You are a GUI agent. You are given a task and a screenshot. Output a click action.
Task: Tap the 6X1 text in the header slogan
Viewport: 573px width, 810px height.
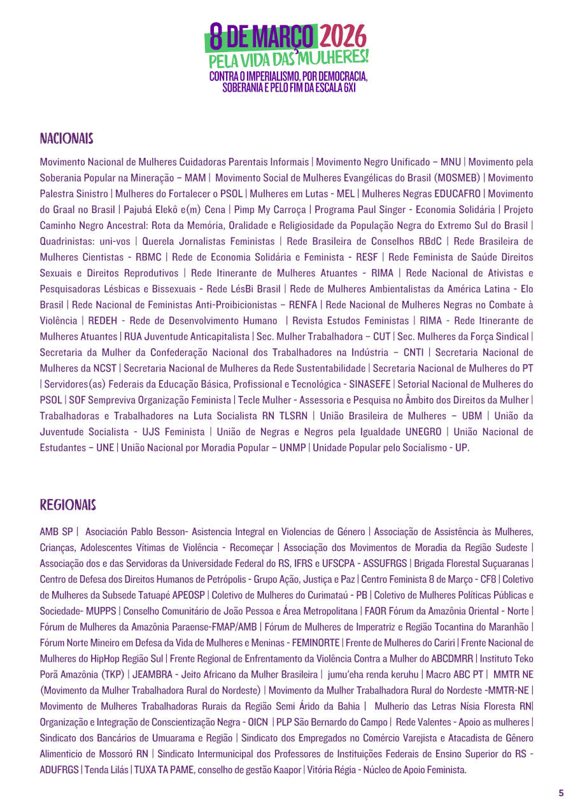[346, 88]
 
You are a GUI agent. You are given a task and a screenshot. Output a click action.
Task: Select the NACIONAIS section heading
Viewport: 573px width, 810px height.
[67, 139]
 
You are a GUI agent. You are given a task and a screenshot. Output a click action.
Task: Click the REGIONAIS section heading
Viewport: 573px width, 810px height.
[67, 506]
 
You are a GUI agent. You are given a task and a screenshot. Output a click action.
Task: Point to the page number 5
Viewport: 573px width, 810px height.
[561, 793]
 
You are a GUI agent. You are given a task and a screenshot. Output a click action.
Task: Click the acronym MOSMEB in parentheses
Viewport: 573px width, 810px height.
[456, 178]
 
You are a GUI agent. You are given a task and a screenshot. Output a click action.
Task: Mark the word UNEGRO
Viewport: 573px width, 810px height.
[421, 432]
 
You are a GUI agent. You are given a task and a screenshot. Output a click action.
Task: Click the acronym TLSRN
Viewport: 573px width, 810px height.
[294, 416]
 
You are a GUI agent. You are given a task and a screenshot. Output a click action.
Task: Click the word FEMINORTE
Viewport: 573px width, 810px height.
[316, 643]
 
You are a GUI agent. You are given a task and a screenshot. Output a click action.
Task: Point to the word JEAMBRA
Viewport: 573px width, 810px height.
[152, 674]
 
